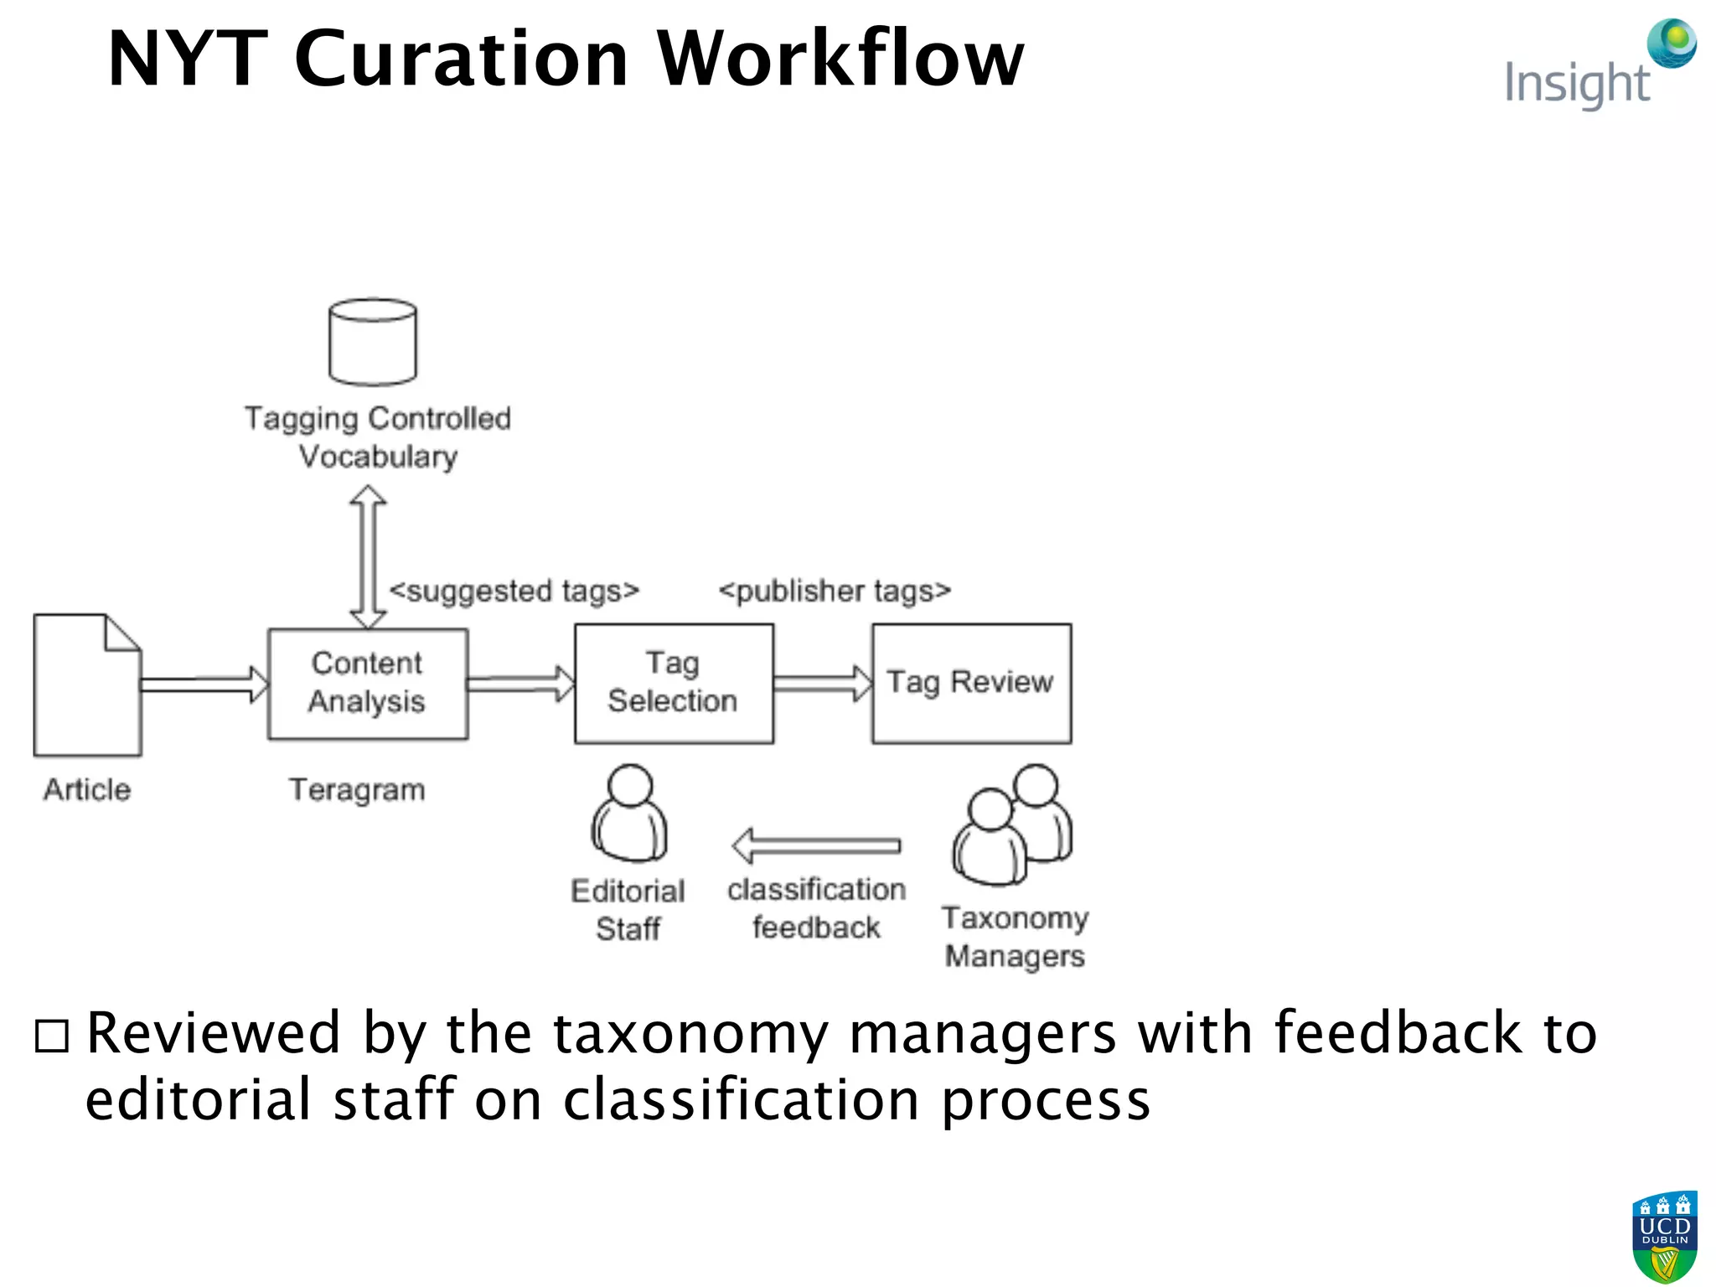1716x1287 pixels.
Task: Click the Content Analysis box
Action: click(367, 684)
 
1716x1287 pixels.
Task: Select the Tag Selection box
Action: click(674, 684)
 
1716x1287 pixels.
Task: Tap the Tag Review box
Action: click(971, 684)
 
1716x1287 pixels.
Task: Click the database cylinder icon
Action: click(373, 342)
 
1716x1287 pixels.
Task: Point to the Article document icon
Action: click(87, 685)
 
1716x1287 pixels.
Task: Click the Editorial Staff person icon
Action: click(629, 814)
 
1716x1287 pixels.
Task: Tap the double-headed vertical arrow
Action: click(368, 557)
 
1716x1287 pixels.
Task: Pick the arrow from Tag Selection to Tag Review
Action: click(822, 684)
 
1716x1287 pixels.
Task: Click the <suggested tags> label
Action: click(514, 591)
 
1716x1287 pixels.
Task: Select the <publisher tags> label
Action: click(835, 591)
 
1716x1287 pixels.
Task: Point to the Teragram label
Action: click(357, 789)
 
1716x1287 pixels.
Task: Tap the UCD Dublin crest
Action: click(1664, 1237)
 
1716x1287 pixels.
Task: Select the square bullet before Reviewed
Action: click(52, 1036)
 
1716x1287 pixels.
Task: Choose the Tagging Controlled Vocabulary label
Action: click(377, 437)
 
